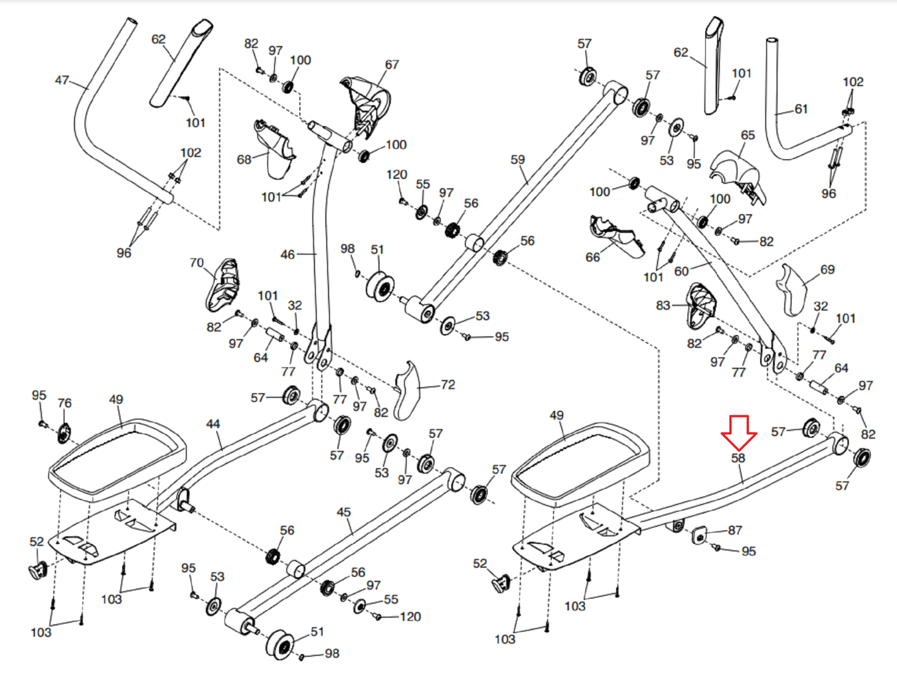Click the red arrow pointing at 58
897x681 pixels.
click(x=738, y=433)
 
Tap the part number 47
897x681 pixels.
click(x=62, y=80)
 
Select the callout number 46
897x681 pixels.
click(x=287, y=255)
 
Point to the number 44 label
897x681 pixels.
click(x=213, y=424)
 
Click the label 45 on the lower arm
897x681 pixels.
click(x=344, y=512)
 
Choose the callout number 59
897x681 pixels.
click(x=517, y=160)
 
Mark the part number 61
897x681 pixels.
click(x=801, y=109)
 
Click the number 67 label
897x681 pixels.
click(x=391, y=64)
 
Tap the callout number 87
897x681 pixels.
click(x=735, y=530)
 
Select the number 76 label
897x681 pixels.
click(x=64, y=403)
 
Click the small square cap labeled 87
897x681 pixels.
click(x=699, y=536)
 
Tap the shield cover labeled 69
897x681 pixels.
click(x=792, y=290)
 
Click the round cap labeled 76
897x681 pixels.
click(x=64, y=433)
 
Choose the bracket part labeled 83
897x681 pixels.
click(x=701, y=307)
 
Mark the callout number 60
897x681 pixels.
click(x=681, y=271)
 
